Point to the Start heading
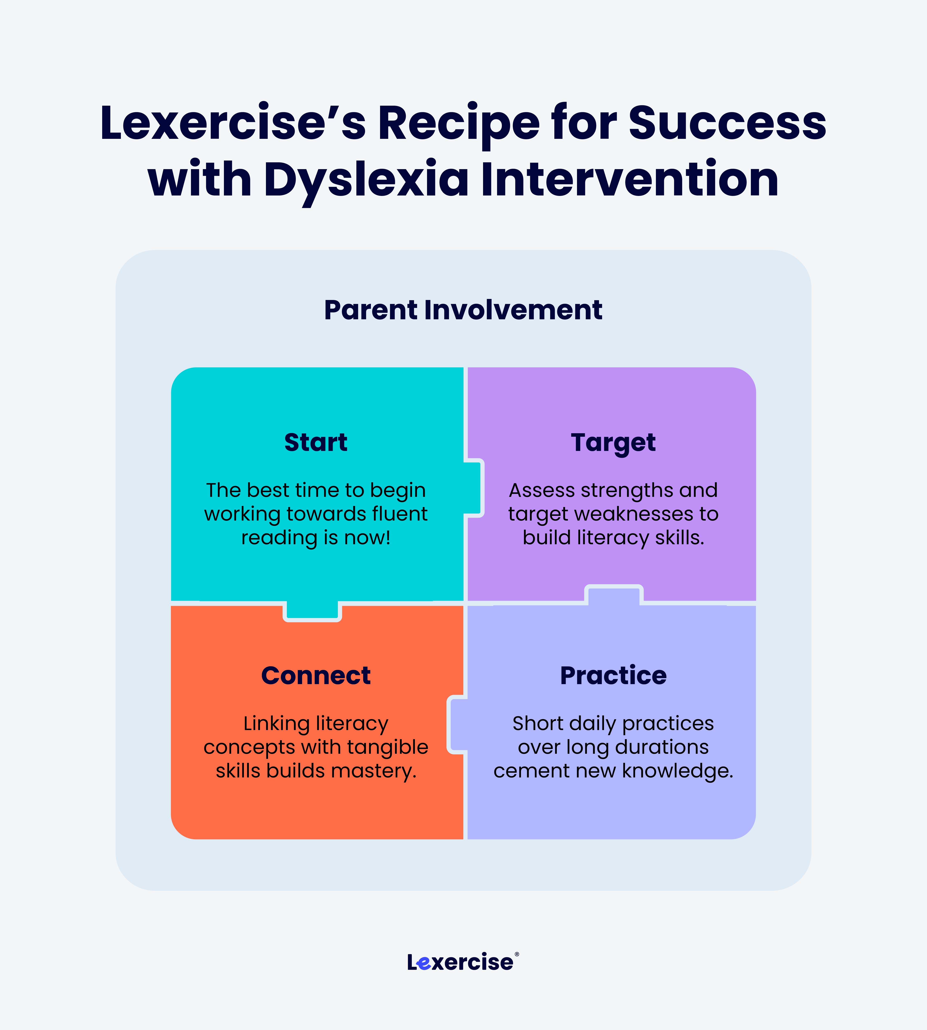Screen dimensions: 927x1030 click(316, 442)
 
